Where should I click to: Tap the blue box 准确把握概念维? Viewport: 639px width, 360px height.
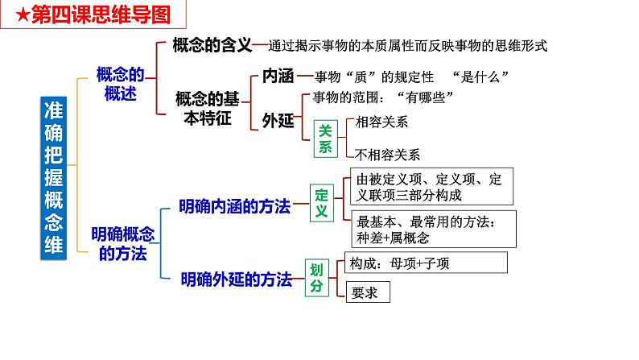click(57, 176)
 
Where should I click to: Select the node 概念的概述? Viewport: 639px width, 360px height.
click(119, 84)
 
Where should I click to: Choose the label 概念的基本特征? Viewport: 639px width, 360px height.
click(207, 107)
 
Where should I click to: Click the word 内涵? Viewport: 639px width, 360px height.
click(278, 77)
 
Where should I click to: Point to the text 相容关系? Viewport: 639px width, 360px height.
click(381, 122)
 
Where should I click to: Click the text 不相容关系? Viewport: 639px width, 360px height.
click(387, 154)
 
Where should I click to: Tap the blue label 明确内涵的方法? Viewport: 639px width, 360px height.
click(234, 206)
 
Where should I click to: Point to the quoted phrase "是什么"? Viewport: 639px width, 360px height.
click(483, 77)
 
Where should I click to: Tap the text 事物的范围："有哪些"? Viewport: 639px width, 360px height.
click(377, 97)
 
